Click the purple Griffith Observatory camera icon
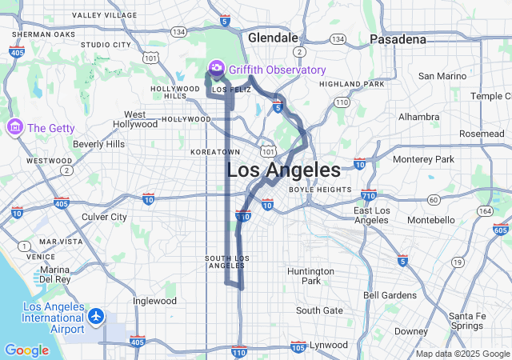[x=216, y=70]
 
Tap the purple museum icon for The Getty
[x=15, y=128]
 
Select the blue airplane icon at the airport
[x=97, y=316]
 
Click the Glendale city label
[x=273, y=38]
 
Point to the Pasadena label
[x=398, y=39]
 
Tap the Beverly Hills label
[x=98, y=144]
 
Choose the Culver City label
[x=104, y=217]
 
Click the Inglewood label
[x=154, y=302]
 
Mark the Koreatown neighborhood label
[x=215, y=151]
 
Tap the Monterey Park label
[x=423, y=159]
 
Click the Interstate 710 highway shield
[x=368, y=194]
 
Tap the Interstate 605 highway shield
[x=501, y=230]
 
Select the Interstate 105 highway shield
[x=298, y=346]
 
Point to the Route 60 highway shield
[x=433, y=199]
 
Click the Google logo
[x=26, y=350]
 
